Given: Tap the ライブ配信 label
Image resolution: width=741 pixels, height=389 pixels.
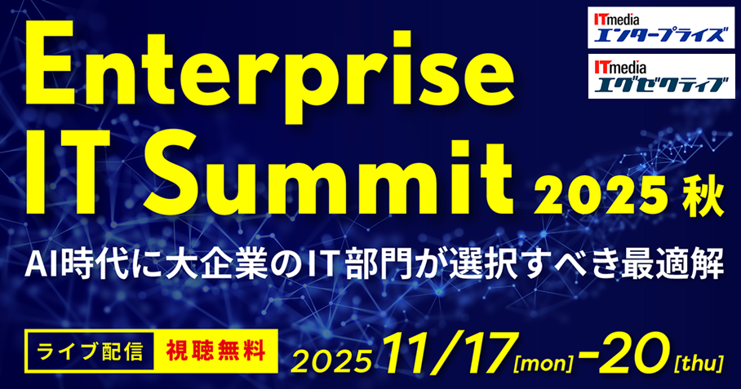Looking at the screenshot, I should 90,351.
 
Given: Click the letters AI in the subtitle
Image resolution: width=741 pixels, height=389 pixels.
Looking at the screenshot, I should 42,263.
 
